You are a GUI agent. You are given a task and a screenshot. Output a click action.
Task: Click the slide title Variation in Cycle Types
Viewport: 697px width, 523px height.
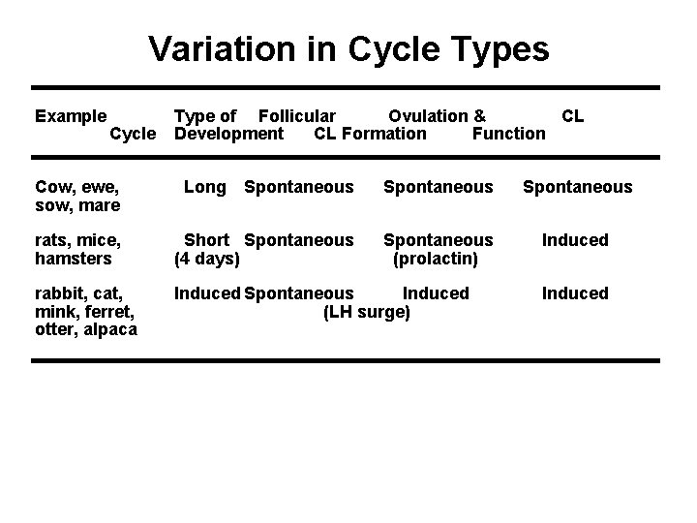348,49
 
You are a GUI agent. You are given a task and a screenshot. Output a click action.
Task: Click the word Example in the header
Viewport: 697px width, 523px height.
71,116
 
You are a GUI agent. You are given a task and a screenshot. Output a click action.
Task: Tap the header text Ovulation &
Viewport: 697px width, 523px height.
437,116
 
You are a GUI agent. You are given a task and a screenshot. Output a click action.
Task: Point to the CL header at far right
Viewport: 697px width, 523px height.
573,116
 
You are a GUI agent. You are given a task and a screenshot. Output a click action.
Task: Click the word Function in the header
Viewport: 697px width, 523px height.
508,134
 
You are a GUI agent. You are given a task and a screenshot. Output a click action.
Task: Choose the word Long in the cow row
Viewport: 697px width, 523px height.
204,187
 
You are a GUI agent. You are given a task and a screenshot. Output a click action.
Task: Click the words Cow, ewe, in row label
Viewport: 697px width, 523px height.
76,187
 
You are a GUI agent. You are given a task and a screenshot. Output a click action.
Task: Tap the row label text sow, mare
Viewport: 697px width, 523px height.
77,205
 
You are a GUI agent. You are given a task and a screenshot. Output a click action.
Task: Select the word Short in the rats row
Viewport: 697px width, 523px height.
206,240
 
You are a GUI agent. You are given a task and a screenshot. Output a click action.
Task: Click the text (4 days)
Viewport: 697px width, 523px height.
207,259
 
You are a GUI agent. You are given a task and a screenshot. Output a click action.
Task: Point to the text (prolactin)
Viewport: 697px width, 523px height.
436,259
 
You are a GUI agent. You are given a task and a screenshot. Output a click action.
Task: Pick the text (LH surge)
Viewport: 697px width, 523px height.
367,312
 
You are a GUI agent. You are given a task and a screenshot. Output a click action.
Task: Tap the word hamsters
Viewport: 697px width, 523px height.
74,259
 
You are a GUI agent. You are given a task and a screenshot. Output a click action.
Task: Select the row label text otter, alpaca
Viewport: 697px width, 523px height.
85,330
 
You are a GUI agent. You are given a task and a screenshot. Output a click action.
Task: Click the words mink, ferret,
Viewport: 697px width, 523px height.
83,312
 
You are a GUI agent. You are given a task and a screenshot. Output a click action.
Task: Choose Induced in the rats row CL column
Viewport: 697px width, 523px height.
575,240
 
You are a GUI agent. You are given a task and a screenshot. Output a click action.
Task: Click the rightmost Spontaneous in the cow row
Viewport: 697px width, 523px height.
577,187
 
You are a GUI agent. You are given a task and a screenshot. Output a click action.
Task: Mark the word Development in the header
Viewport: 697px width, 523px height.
228,134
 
